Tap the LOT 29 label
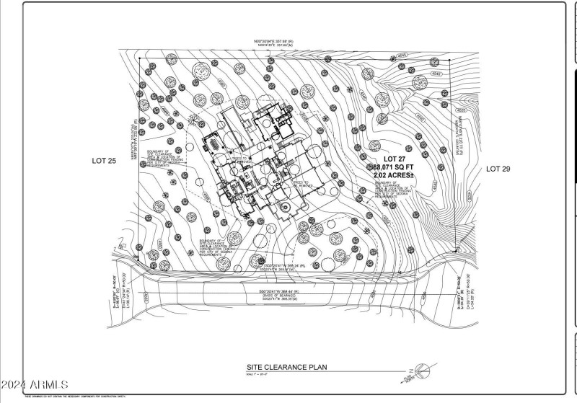[498, 169]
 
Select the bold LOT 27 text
[389, 158]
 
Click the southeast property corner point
[458, 251]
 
